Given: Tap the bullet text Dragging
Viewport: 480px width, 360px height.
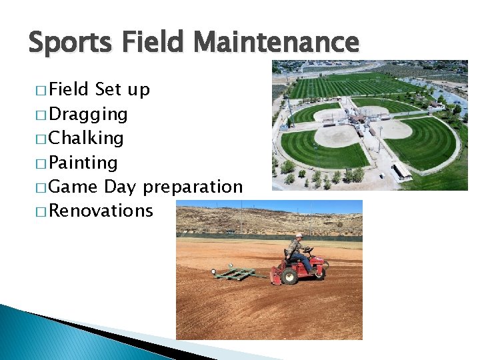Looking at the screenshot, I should tap(88, 114).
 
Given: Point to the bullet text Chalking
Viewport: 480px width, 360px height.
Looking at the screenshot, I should tap(86, 138).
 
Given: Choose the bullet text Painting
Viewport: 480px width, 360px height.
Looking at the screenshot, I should tap(83, 163).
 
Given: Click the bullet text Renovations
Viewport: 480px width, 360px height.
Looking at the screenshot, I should tap(101, 211).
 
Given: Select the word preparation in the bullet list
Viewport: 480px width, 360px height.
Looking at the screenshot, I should tap(193, 187).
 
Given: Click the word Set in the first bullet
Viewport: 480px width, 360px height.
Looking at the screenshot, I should tap(109, 89).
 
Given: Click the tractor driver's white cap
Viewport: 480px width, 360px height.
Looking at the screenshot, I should tap(299, 235).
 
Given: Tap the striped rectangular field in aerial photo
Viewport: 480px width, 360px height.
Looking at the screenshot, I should tap(353, 87).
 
